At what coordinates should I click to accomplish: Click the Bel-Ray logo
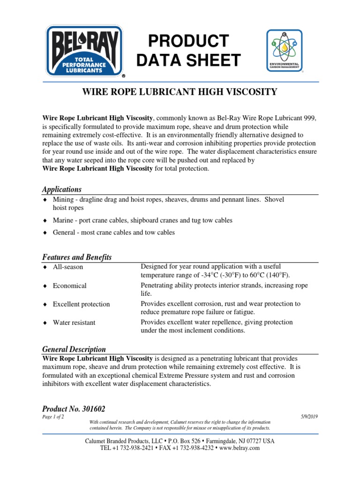coord(84,51)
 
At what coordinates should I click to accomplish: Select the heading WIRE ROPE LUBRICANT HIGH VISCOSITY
coord(180,92)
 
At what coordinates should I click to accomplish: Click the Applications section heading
coord(62,189)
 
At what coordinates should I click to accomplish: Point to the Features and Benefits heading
coord(77,257)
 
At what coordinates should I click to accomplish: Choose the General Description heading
coord(74,349)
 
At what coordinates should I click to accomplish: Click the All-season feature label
coord(67,267)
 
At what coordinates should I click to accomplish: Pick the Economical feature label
coord(69,285)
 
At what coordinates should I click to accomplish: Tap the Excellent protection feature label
coord(81,304)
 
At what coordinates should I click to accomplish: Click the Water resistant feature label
coord(74,322)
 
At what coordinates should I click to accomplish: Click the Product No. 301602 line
coord(77,409)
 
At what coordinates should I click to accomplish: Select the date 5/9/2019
coord(309,417)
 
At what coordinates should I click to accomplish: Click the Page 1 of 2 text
coord(53,417)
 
